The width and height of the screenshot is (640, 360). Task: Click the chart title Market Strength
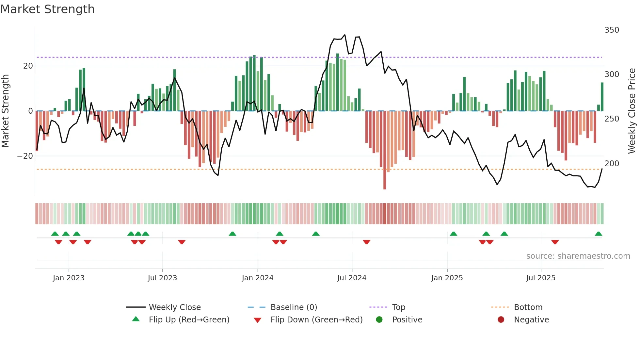pos(47,9)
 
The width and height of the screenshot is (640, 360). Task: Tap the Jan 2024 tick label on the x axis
pos(257,278)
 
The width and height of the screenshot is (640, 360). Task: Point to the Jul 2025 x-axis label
pos(540,278)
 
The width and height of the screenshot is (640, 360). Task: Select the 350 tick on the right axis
pos(612,30)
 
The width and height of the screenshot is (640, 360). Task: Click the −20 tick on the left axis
pos(25,156)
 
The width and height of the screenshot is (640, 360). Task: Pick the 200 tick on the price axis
pos(612,164)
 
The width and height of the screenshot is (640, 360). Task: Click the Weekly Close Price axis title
pos(632,111)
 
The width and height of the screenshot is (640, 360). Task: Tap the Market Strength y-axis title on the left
pos(6,111)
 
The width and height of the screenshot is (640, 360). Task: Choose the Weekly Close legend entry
pos(175,307)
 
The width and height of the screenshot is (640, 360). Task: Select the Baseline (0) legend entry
pos(294,307)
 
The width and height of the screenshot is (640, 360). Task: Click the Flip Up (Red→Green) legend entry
pos(189,320)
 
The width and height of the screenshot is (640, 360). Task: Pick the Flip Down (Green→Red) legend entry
pos(316,320)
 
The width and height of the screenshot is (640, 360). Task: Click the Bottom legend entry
pos(528,307)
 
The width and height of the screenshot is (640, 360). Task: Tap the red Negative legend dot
pos(501,320)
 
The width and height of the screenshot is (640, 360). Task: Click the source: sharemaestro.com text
pos(578,256)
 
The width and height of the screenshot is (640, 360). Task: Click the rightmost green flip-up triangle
pos(598,234)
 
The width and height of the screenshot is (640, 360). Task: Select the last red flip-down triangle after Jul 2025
pos(555,242)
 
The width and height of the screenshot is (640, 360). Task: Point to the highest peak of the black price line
pos(345,35)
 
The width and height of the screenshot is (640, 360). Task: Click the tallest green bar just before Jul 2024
pos(338,82)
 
